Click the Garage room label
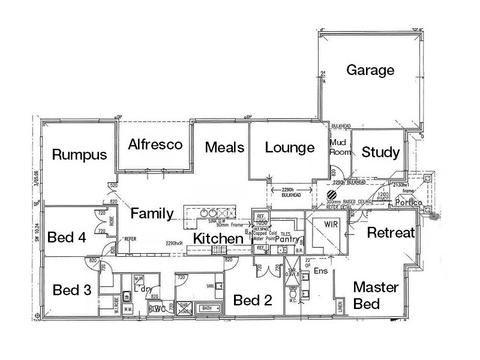(x=370, y=70)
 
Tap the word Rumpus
(x=79, y=155)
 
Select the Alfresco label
(x=155, y=145)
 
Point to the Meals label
(x=224, y=148)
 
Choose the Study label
(x=380, y=152)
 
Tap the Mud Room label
(x=340, y=147)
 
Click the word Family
(x=152, y=213)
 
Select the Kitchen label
(x=218, y=238)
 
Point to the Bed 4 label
(x=66, y=237)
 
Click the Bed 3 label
(x=72, y=290)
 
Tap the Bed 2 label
(x=253, y=300)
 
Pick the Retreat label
(x=391, y=233)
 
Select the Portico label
(x=408, y=203)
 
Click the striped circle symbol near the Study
(x=330, y=194)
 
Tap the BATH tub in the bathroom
(x=206, y=308)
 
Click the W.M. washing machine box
(x=127, y=308)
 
